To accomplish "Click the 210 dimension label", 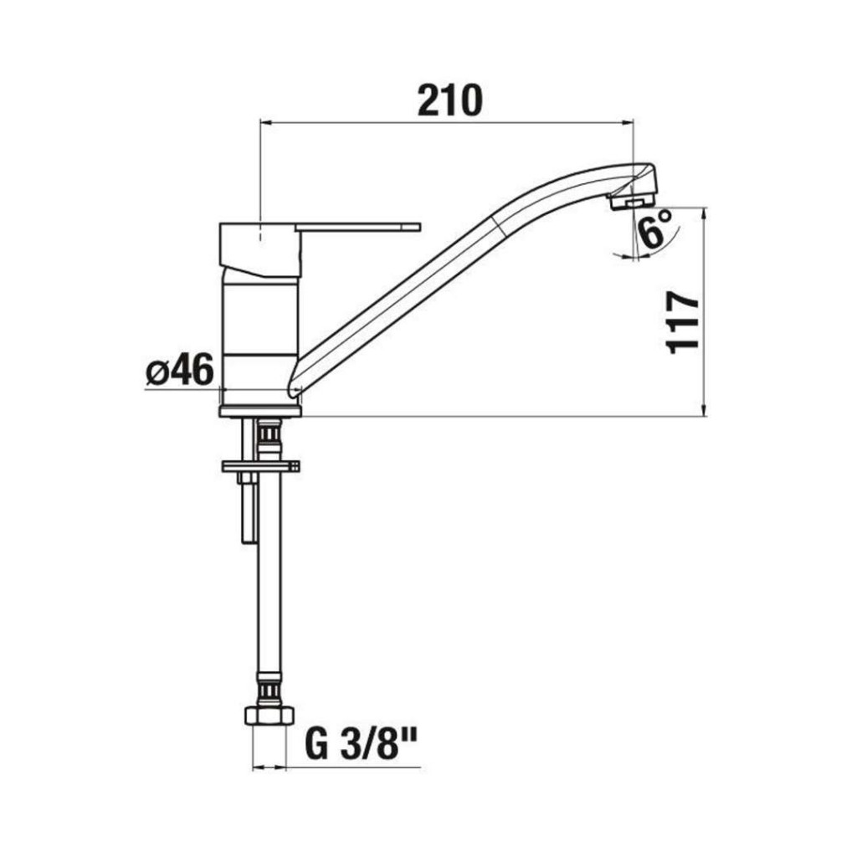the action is coord(449,100).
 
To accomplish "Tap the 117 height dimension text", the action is coord(683,322).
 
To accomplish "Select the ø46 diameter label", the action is coord(179,369).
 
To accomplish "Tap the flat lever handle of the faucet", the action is coord(358,227).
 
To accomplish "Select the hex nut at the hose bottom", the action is coord(269,716).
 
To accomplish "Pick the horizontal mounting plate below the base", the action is coord(261,466).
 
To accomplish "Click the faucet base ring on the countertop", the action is coord(260,411).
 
